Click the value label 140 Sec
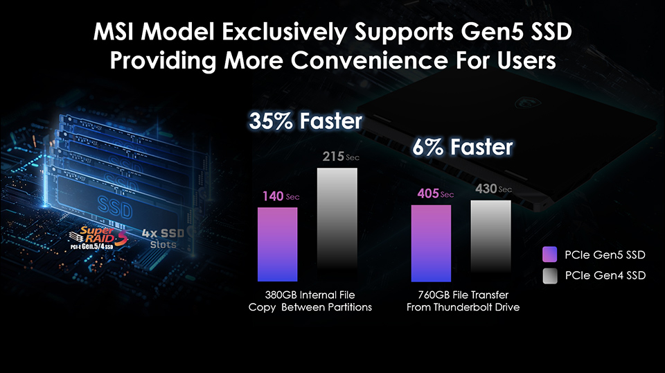point(281,197)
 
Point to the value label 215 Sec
point(339,157)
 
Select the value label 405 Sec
point(434,193)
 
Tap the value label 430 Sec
point(493,189)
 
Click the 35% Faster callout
point(305,122)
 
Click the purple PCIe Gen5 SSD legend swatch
point(550,254)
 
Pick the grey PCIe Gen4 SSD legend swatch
point(550,276)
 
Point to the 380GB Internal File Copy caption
point(310,301)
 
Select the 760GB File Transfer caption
point(463,301)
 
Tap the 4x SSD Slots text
point(163,238)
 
